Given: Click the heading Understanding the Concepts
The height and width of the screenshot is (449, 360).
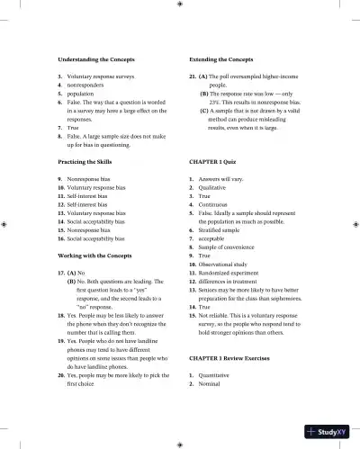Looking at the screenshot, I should [x=96, y=58].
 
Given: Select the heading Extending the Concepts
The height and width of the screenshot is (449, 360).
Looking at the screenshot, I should [x=221, y=58].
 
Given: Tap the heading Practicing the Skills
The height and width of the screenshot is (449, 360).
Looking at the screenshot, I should [x=89, y=161].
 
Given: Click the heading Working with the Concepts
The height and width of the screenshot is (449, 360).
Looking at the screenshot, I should [x=101, y=256].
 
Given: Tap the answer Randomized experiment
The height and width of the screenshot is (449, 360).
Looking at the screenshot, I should [x=234, y=273].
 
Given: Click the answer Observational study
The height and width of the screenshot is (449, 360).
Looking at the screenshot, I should [x=228, y=265].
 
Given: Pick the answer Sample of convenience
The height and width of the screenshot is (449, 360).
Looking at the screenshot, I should [x=231, y=247].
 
